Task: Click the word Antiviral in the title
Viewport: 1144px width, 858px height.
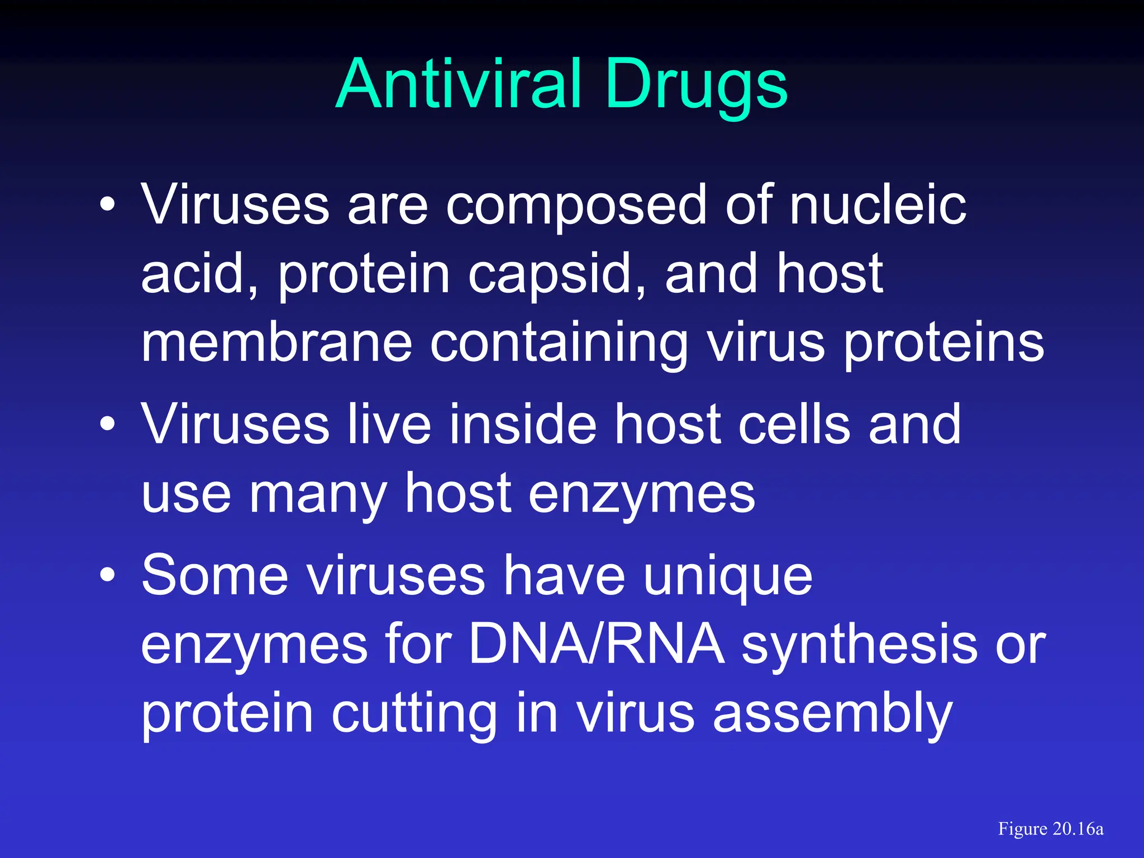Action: pyautogui.click(x=458, y=85)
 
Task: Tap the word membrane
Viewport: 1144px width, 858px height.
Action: pyautogui.click(x=276, y=343)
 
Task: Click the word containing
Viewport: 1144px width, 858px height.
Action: pyautogui.click(x=559, y=343)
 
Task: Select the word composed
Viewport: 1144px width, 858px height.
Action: pyautogui.click(x=576, y=206)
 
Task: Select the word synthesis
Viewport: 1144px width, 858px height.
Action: pyautogui.click(x=859, y=645)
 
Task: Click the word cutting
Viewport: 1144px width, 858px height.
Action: pyautogui.click(x=413, y=714)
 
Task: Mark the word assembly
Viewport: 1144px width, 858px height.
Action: pyautogui.click(x=832, y=714)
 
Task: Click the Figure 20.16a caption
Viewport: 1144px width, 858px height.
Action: pyautogui.click(x=1050, y=829)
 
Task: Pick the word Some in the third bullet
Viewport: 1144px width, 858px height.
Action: pyautogui.click(x=214, y=575)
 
